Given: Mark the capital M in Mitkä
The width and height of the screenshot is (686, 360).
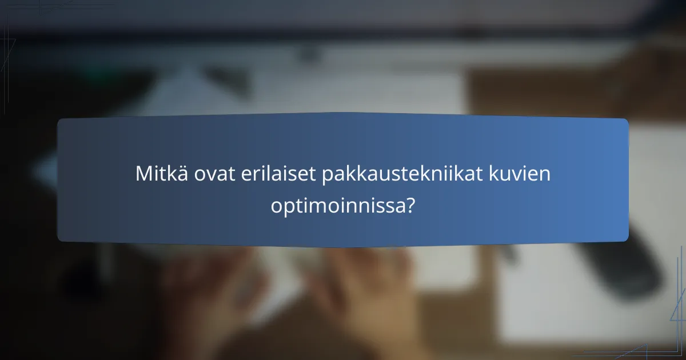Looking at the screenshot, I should [143, 174].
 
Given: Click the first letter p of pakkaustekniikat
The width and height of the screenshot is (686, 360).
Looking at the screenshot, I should [328, 176].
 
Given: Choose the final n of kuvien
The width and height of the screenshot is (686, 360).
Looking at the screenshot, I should [546, 175].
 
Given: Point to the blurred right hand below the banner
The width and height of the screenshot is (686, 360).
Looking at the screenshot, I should [366, 286].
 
